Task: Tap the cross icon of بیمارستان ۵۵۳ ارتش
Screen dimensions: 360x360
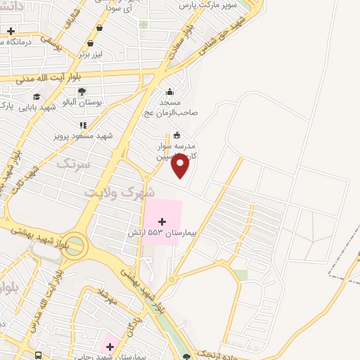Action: pyautogui.click(x=162, y=221)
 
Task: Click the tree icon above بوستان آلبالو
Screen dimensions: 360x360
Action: pyautogui.click(x=82, y=91)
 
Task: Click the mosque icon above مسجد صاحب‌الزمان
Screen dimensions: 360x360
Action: pyautogui.click(x=169, y=91)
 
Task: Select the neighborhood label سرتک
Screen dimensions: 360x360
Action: pyautogui.click(x=72, y=165)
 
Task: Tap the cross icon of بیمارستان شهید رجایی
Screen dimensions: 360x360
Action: pyautogui.click(x=109, y=345)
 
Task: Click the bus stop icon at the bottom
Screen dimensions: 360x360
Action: pyautogui.click(x=39, y=356)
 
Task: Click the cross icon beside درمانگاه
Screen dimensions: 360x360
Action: pyautogui.click(x=11, y=32)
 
